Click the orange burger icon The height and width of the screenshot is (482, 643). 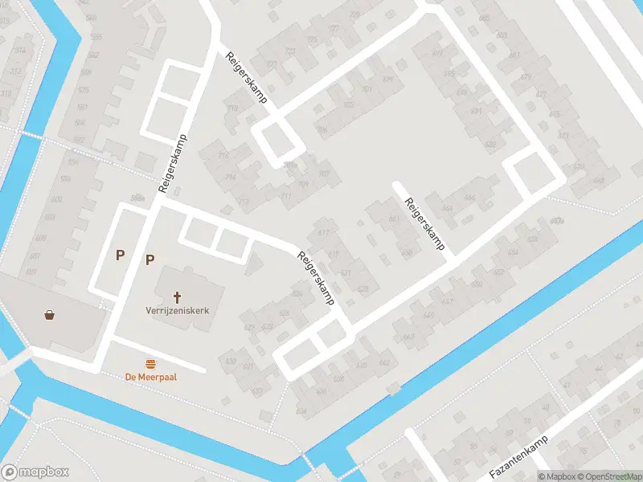[x=150, y=363]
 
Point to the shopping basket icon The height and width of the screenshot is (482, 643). [x=51, y=314]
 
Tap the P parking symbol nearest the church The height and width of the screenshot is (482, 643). [x=149, y=259]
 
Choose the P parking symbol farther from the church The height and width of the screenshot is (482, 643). [x=120, y=255]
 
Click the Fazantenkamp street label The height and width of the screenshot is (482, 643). [x=518, y=456]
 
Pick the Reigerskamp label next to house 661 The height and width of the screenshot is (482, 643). [x=424, y=224]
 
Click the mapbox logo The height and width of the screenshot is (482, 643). [x=35, y=472]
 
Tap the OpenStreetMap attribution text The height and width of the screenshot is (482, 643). [x=608, y=476]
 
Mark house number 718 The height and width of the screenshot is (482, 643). [x=233, y=108]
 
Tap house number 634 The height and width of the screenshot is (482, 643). [x=301, y=411]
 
